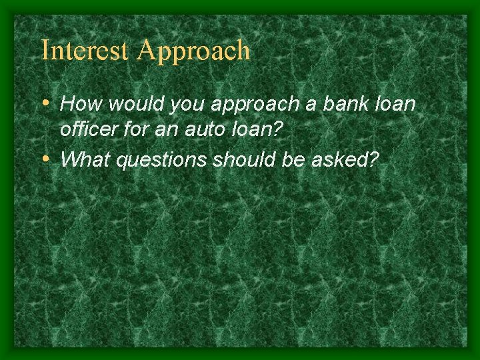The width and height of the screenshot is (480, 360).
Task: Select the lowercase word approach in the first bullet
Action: (245, 105)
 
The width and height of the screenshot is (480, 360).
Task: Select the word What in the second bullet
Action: (85, 160)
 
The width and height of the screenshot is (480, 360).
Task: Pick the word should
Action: (234, 160)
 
